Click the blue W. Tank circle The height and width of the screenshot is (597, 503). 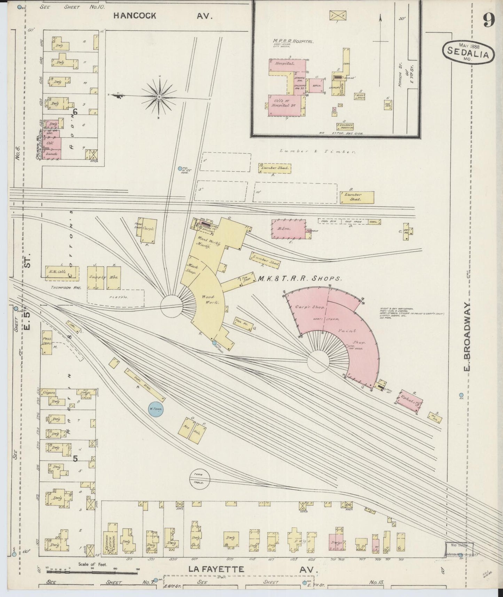(x=155, y=409)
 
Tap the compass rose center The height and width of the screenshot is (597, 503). (x=159, y=96)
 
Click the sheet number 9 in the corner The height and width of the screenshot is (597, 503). (x=489, y=21)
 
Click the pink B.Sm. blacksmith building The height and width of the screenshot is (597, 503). (x=288, y=229)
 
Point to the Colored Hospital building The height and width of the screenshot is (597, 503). (x=345, y=126)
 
